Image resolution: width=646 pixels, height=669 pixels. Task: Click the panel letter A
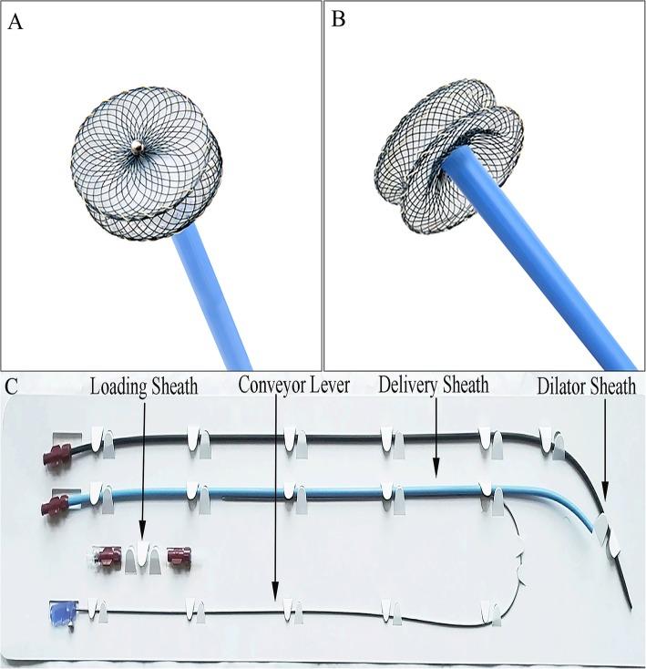(15, 21)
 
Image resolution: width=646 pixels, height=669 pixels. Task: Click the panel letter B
(338, 19)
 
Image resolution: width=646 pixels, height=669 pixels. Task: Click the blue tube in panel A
(215, 292)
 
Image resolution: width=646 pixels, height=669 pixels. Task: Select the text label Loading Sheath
(143, 386)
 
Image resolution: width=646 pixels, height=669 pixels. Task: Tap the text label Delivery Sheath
(433, 386)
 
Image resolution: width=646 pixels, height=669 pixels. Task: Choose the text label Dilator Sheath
(586, 386)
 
